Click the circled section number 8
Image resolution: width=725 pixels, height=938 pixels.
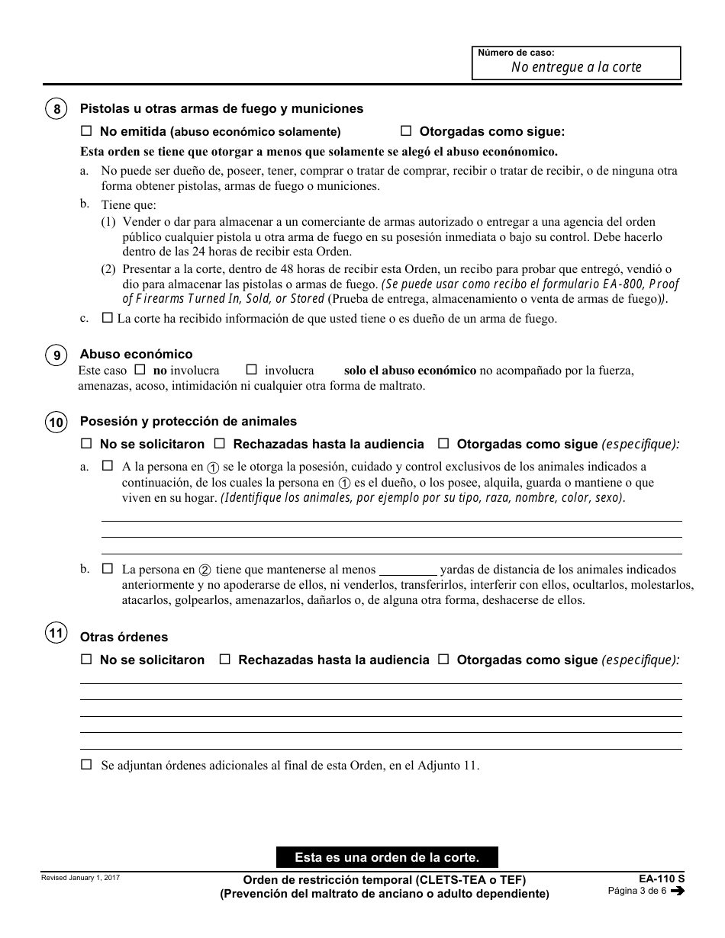pyautogui.click(x=57, y=109)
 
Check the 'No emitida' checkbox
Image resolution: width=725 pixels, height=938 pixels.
pyautogui.click(x=86, y=130)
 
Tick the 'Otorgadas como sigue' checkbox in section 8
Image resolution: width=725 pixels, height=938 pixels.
pyautogui.click(x=406, y=130)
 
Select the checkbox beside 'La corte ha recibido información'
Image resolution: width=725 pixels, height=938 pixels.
pyautogui.click(x=107, y=318)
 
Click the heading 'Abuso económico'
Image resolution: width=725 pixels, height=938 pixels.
pyautogui.click(x=136, y=354)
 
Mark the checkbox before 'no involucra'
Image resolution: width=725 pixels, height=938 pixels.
pyautogui.click(x=140, y=370)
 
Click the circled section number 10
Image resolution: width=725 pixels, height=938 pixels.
pyautogui.click(x=57, y=422)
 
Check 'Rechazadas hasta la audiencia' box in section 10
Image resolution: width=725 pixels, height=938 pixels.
pyautogui.click(x=220, y=443)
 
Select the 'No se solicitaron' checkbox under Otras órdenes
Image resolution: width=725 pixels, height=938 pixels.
pyautogui.click(x=86, y=659)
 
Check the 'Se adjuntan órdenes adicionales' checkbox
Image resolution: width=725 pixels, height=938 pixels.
pyautogui.click(x=86, y=764)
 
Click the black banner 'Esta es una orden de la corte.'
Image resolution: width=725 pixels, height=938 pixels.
pyautogui.click(x=387, y=857)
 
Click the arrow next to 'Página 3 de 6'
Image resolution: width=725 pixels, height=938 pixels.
pyautogui.click(x=677, y=891)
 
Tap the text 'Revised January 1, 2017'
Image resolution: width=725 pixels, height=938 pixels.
pyautogui.click(x=80, y=879)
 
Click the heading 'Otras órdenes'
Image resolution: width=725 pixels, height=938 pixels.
pyautogui.click(x=124, y=637)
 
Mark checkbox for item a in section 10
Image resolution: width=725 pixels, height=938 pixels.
pyautogui.click(x=107, y=465)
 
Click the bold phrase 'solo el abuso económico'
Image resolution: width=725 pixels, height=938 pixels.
pyautogui.click(x=410, y=371)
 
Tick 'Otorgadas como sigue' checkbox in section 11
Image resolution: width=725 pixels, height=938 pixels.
pyautogui.click(x=443, y=659)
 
